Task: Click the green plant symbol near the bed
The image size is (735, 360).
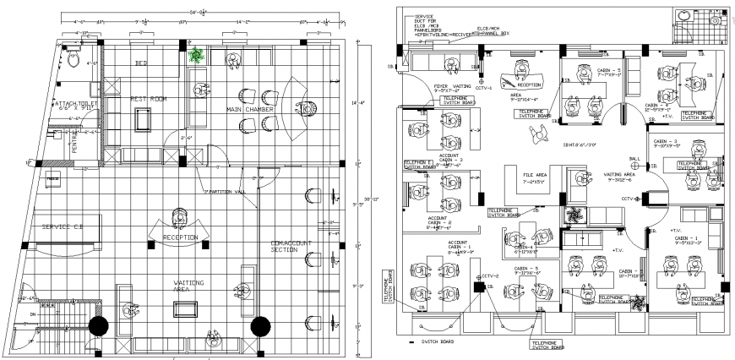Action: click(x=197, y=57)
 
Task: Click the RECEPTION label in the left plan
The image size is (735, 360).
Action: click(x=181, y=237)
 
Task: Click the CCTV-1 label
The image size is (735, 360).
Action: click(x=484, y=87)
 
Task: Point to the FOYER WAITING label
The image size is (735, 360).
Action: click(x=453, y=85)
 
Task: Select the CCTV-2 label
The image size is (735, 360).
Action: click(x=492, y=275)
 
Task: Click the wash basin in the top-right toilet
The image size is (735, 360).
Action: click(x=717, y=19)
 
